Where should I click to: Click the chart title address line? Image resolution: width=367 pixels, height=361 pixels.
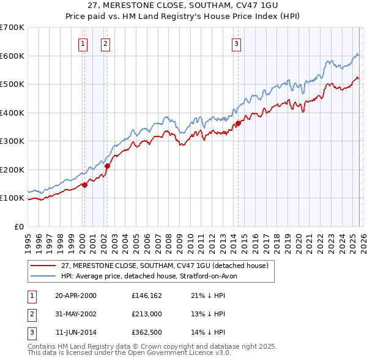(x=183, y=6)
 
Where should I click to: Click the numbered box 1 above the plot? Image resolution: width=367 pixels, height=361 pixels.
(x=83, y=43)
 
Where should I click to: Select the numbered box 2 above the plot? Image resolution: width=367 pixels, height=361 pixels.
(x=106, y=43)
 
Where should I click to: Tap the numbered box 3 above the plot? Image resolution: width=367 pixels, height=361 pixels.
(x=236, y=43)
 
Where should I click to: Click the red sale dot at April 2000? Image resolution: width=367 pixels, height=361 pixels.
(x=84, y=185)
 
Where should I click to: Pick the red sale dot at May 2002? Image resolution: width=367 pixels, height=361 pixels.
(x=107, y=166)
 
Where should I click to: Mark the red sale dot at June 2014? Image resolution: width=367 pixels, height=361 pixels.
(x=238, y=123)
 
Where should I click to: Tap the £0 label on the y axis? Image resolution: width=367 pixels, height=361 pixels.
(x=18, y=226)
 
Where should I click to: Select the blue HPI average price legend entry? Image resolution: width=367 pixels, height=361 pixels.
(x=153, y=276)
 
